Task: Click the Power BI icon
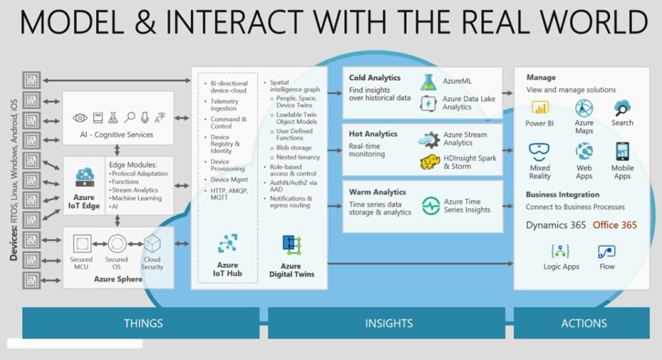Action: coord(540,108)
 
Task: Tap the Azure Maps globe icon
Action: coord(584,108)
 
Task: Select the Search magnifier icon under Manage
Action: coord(622,108)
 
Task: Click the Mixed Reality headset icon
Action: coord(540,152)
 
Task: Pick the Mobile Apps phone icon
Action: coord(622,152)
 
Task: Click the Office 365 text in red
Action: coord(614,225)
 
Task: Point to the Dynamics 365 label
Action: coord(556,225)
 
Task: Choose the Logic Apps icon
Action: coord(561,252)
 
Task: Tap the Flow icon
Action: coord(606,252)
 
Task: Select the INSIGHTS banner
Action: coord(389,323)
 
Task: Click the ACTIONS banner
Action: coord(584,323)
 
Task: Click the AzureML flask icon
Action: coord(428,83)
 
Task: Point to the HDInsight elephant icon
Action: coord(429,162)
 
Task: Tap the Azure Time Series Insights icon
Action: coord(431,206)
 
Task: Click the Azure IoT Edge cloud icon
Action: coord(85,176)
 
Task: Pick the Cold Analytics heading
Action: coord(374,78)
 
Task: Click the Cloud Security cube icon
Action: coord(152,244)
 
